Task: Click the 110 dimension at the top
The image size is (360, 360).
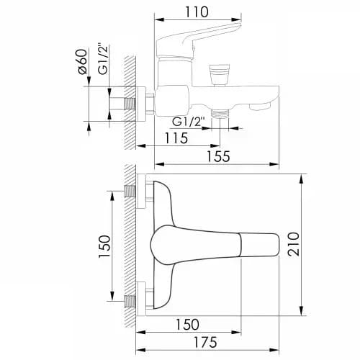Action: (x=197, y=12)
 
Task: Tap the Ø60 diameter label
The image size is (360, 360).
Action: (x=82, y=62)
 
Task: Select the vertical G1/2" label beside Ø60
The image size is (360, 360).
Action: (x=103, y=59)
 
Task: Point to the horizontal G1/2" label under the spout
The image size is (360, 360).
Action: (x=189, y=122)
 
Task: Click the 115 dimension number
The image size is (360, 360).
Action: (x=176, y=138)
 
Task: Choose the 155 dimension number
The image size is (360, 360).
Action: (x=218, y=156)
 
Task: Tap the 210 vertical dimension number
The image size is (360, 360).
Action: (x=294, y=244)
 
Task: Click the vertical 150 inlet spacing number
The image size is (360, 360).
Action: (x=104, y=246)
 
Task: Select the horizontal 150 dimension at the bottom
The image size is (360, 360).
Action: (x=187, y=325)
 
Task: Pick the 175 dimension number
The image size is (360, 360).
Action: (x=205, y=342)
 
